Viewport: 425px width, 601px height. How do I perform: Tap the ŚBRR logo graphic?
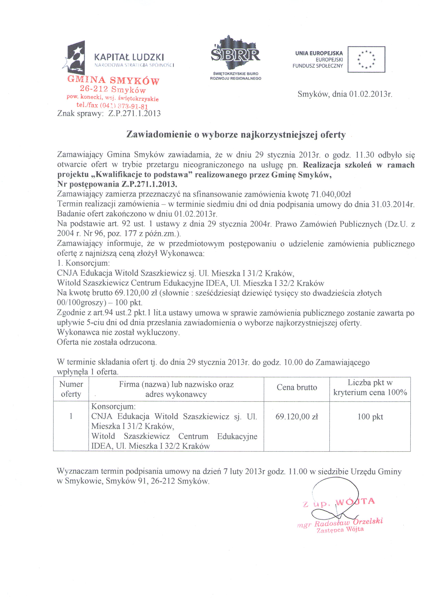[235, 54]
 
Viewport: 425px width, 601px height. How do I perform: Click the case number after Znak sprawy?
[134, 113]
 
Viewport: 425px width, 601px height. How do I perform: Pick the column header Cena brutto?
[297, 387]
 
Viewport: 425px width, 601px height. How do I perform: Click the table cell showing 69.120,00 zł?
[297, 417]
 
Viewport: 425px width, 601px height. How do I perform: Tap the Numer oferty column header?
[71, 389]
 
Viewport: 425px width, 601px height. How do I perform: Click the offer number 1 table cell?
[71, 416]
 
